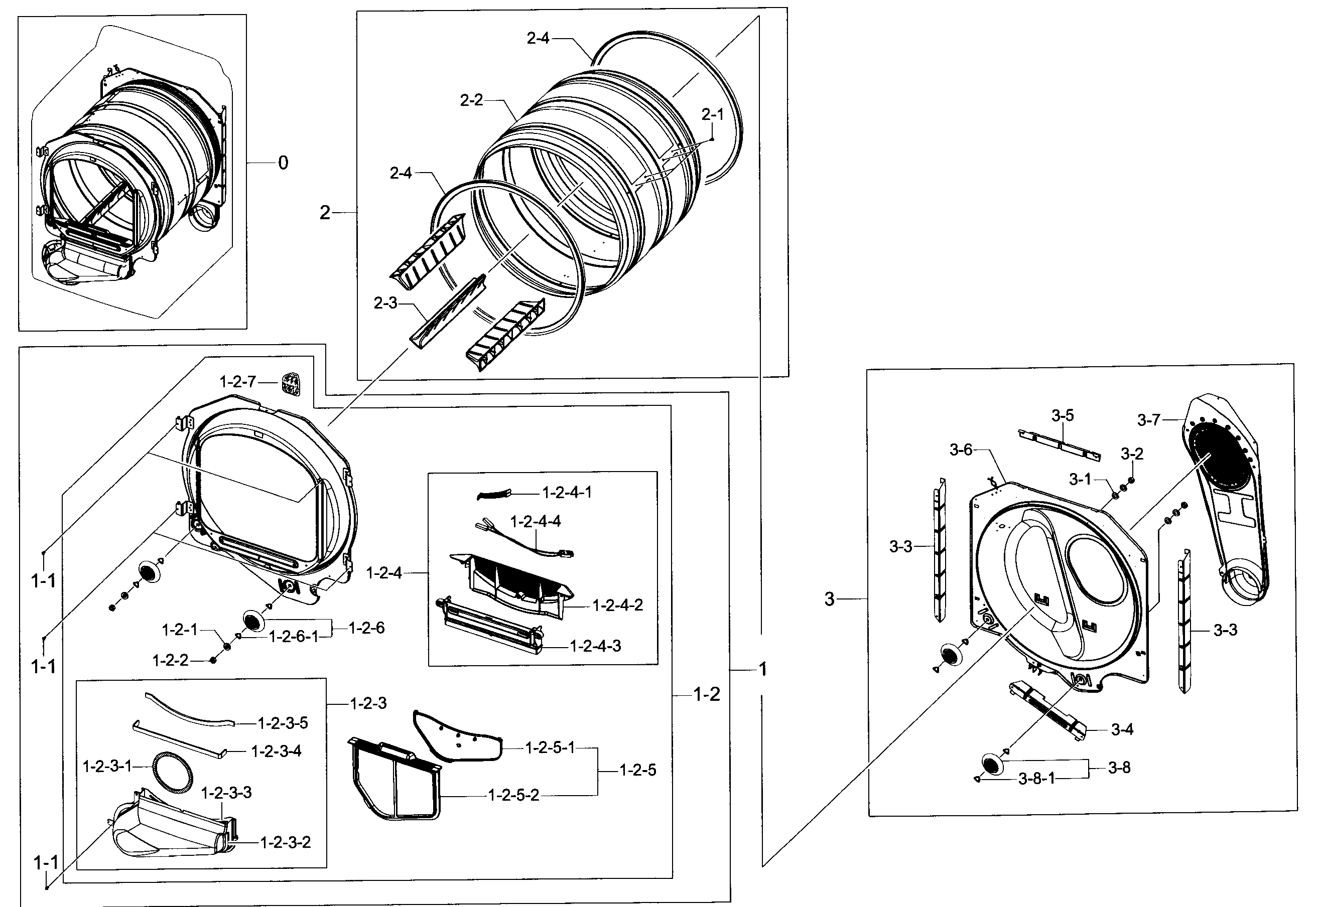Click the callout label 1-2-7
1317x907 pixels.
(237, 382)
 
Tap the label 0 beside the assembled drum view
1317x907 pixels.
(283, 163)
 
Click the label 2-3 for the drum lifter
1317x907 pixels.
(385, 304)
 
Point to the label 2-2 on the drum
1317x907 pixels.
(471, 101)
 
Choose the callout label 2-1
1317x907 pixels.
(712, 115)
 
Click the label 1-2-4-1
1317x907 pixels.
(567, 493)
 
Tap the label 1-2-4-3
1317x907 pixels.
(595, 646)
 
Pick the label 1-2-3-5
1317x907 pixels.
(283, 723)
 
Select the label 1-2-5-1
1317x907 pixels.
(550, 748)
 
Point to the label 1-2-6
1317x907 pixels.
(366, 628)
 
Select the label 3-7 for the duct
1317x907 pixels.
(1148, 420)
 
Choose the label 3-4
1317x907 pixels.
(1122, 730)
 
